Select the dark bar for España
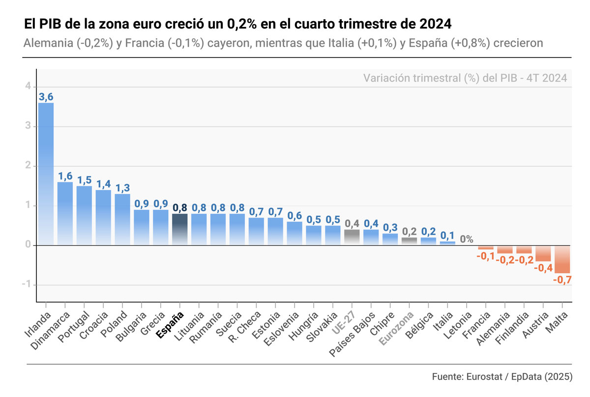(x=179, y=229)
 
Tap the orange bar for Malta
(x=562, y=259)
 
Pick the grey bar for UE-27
(x=352, y=237)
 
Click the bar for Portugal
(x=84, y=215)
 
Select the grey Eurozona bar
(x=409, y=241)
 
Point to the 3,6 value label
(x=46, y=97)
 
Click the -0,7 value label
(x=562, y=280)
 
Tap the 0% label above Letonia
(x=467, y=239)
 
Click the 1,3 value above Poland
(x=122, y=188)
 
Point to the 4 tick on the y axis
(x=28, y=86)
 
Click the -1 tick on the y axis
(x=27, y=285)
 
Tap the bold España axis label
(x=170, y=325)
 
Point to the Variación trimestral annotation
(x=465, y=78)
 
